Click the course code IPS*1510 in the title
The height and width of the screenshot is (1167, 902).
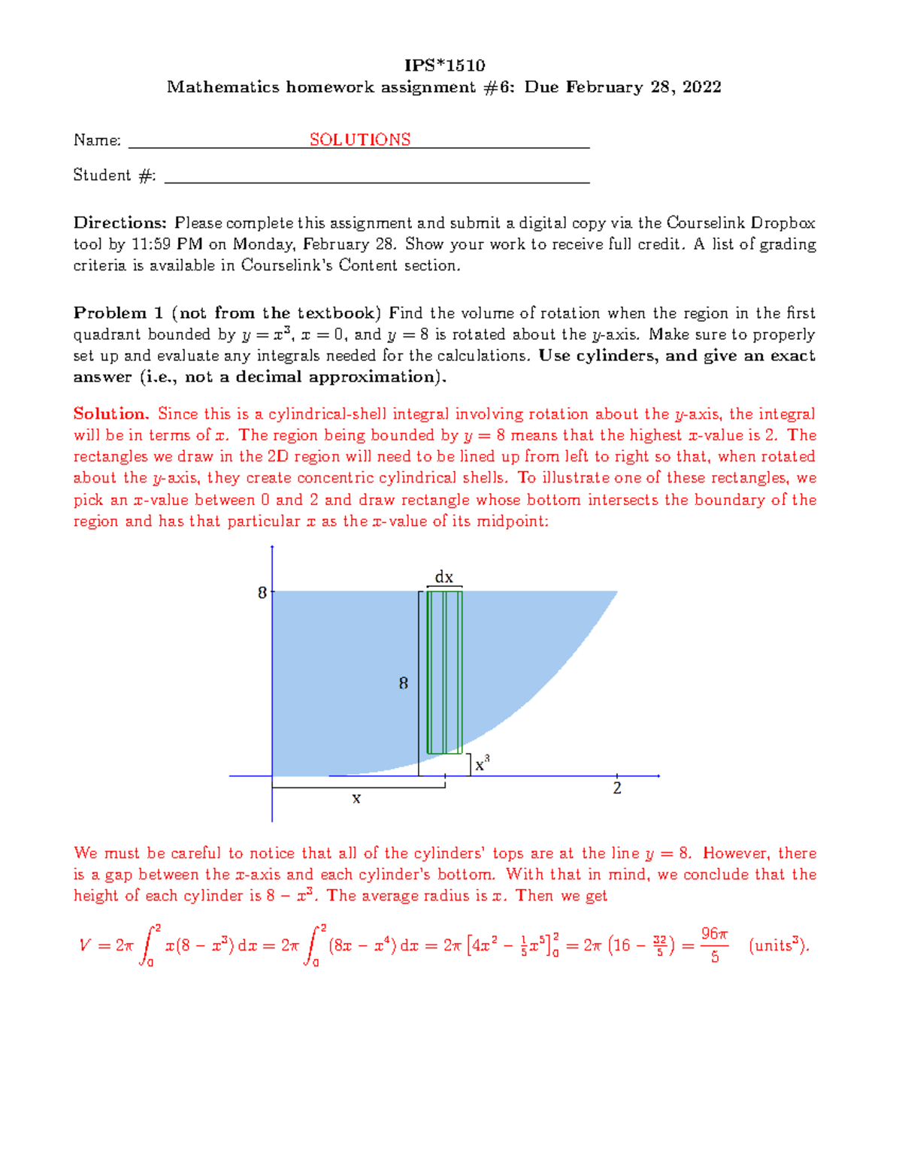click(x=444, y=65)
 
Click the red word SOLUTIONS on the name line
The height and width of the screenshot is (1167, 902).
click(x=360, y=140)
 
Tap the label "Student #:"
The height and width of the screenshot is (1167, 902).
click(x=114, y=175)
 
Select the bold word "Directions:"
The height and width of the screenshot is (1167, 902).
click(x=120, y=223)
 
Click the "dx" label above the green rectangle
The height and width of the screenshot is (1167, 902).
click(x=444, y=577)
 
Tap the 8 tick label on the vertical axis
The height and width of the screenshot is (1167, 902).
click(x=262, y=593)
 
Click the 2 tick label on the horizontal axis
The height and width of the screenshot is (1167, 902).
click(x=617, y=788)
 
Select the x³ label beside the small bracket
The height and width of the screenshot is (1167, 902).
click(x=483, y=764)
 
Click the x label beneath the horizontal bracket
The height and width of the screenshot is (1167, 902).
click(x=356, y=799)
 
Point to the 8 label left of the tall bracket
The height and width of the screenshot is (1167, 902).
click(x=404, y=683)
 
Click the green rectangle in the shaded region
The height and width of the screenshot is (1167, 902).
click(x=444, y=673)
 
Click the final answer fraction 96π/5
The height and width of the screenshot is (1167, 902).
click(x=714, y=945)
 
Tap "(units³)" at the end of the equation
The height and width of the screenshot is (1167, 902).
click(x=779, y=945)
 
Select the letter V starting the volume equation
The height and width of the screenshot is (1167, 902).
click(x=85, y=945)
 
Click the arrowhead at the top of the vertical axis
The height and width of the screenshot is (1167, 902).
click(x=272, y=547)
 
